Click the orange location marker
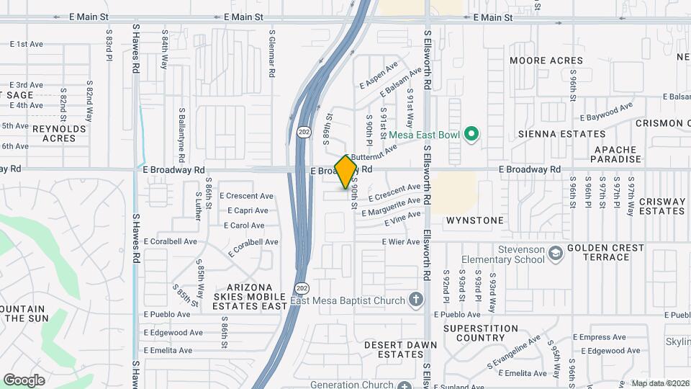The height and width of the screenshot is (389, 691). click(346, 171)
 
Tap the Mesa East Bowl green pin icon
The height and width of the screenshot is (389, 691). click(471, 133)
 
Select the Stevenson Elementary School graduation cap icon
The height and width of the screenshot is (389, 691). click(556, 254)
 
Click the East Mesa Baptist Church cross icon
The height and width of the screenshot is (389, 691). click(415, 300)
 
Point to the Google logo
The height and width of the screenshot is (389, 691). click(24, 380)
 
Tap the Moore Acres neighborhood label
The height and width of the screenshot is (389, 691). click(546, 61)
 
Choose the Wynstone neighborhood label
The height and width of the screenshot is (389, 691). click(474, 220)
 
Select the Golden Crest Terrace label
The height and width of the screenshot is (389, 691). click(605, 252)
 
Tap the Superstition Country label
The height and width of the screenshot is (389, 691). click(481, 333)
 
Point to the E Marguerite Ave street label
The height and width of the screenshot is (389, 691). click(391, 207)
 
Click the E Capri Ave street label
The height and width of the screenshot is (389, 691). click(248, 211)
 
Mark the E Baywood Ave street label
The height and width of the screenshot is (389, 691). click(606, 111)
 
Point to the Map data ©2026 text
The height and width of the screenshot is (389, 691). click(659, 383)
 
